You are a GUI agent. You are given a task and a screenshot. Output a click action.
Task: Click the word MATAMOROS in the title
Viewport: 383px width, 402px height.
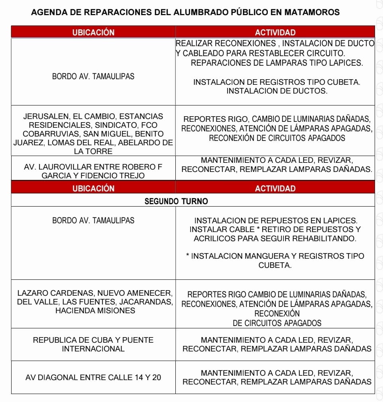[x=312, y=12]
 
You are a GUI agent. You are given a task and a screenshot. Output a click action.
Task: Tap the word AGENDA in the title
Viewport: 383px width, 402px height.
[x=47, y=12]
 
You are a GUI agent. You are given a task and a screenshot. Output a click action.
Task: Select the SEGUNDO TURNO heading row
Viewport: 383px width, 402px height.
[x=176, y=201]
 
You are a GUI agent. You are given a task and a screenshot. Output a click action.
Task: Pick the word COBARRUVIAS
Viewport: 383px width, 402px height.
[x=51, y=134]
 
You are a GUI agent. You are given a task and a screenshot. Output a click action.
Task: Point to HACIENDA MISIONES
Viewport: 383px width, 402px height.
[x=95, y=311]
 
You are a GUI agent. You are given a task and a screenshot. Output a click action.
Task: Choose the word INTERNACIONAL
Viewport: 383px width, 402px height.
[x=93, y=349]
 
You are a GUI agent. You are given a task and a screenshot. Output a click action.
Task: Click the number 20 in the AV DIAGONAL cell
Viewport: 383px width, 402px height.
[x=156, y=377]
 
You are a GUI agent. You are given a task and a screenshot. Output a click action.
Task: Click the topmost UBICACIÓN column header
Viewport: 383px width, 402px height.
[x=93, y=32]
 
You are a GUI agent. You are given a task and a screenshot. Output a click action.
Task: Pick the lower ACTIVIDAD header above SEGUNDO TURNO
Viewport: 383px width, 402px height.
[x=275, y=188]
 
